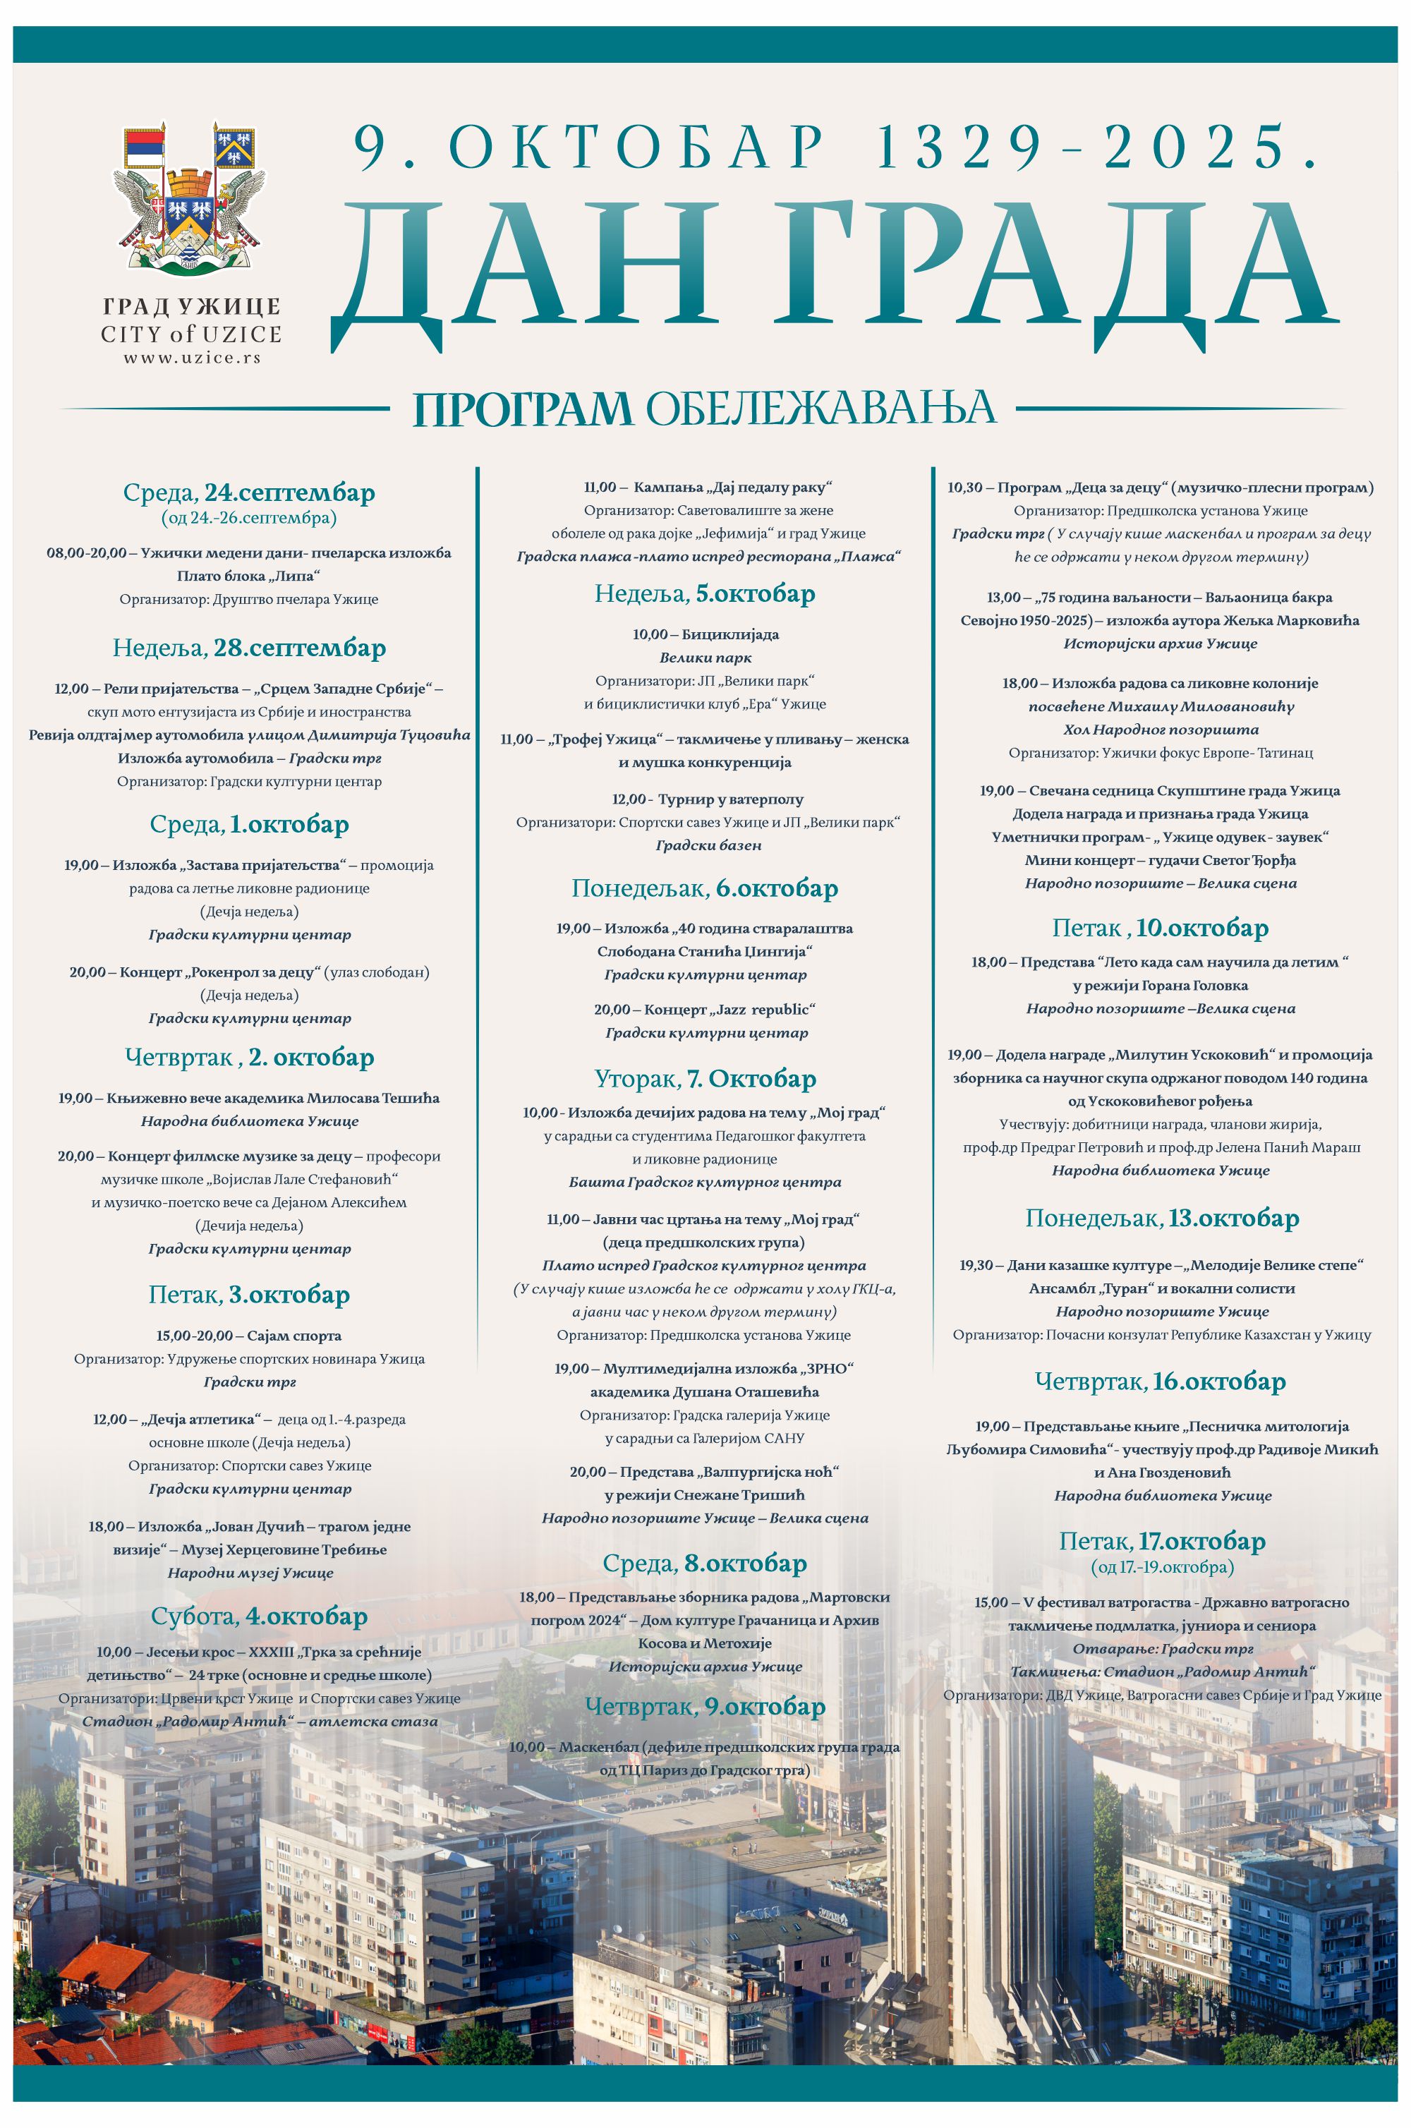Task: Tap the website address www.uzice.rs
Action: [x=192, y=357]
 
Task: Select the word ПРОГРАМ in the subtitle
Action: [x=522, y=409]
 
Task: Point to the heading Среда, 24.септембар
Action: [x=248, y=493]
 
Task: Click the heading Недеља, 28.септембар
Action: [x=248, y=648]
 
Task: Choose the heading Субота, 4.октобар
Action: [x=259, y=1616]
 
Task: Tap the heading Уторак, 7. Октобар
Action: [x=705, y=1078]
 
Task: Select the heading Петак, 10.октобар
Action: [x=1160, y=928]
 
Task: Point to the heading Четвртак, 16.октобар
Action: [x=1160, y=1382]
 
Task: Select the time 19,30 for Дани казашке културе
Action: [x=976, y=1265]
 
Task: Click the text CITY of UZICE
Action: [x=192, y=334]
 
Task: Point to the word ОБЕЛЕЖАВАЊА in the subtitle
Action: [x=820, y=409]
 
